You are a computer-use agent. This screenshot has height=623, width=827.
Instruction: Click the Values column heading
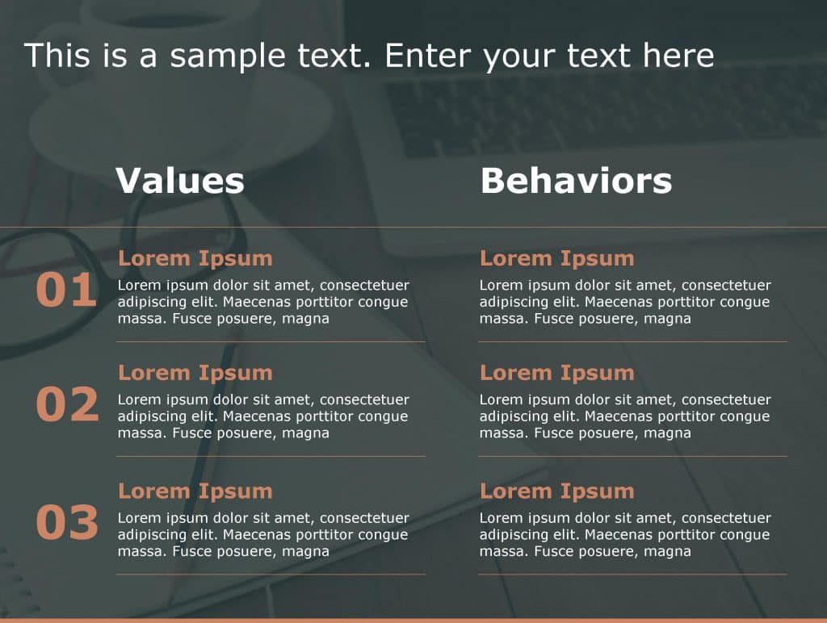point(179,181)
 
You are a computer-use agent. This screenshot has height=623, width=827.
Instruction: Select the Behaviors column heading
point(576,181)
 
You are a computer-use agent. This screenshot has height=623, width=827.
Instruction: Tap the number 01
point(66,291)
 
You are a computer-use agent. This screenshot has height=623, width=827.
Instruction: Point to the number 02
point(67,405)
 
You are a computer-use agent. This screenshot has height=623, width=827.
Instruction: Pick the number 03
point(67,523)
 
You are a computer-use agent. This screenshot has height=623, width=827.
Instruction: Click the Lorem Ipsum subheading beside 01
point(195,258)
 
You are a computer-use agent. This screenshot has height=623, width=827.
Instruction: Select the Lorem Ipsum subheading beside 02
point(195,373)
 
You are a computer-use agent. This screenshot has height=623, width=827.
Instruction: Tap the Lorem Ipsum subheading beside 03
point(195,491)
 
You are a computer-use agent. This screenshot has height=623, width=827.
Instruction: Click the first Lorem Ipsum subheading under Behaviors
point(556,258)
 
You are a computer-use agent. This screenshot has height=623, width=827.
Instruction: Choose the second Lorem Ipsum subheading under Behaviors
point(556,373)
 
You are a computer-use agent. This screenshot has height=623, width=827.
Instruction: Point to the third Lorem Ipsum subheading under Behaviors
point(556,491)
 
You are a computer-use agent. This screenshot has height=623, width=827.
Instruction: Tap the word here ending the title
point(678,56)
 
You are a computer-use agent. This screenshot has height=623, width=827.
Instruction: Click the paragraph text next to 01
point(263,302)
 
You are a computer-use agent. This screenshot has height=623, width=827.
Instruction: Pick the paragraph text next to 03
point(263,534)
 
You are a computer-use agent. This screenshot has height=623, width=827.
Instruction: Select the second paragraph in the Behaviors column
point(625,416)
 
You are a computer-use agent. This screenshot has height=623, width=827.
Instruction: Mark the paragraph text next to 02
point(263,416)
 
